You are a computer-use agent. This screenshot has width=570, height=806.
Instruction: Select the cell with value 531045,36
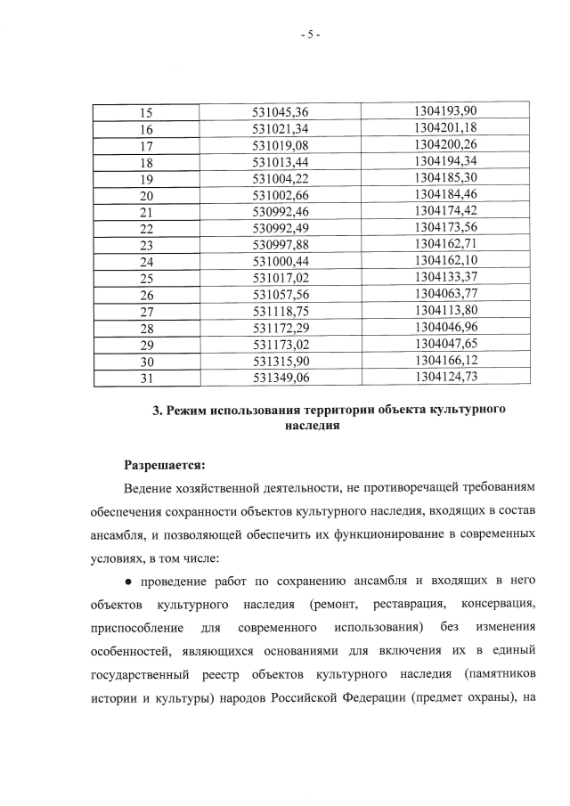point(280,112)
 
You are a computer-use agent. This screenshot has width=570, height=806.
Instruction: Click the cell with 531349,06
point(280,379)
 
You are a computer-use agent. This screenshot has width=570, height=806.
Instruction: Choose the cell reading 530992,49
point(280,229)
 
